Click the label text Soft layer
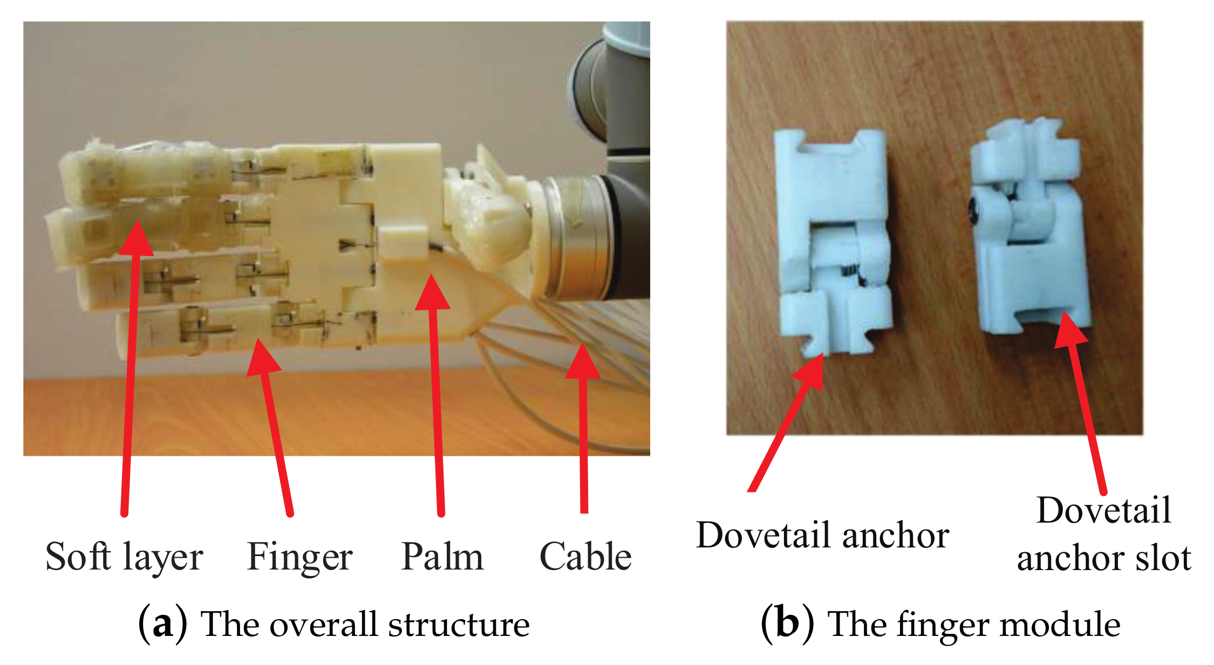pyautogui.click(x=124, y=557)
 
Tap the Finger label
pyautogui.click(x=299, y=557)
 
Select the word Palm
pyautogui.click(x=442, y=557)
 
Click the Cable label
pyautogui.click(x=585, y=557)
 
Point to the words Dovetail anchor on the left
pyautogui.click(x=822, y=535)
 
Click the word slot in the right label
pyautogui.click(x=1163, y=558)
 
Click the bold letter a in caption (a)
pyautogui.click(x=162, y=625)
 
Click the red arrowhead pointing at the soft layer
pyautogui.click(x=137, y=240)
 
